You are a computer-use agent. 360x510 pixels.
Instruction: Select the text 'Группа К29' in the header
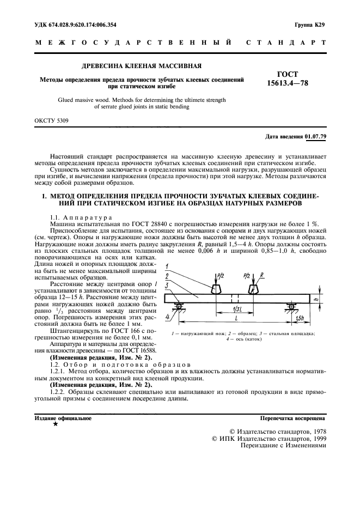[x=310, y=25]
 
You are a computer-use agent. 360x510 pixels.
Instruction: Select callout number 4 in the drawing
[x=168, y=317]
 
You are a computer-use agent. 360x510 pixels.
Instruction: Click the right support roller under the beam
[x=292, y=307]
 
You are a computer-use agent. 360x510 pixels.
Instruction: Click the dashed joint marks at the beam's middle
[x=234, y=299]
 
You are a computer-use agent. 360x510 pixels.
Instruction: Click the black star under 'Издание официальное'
[x=55, y=424]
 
